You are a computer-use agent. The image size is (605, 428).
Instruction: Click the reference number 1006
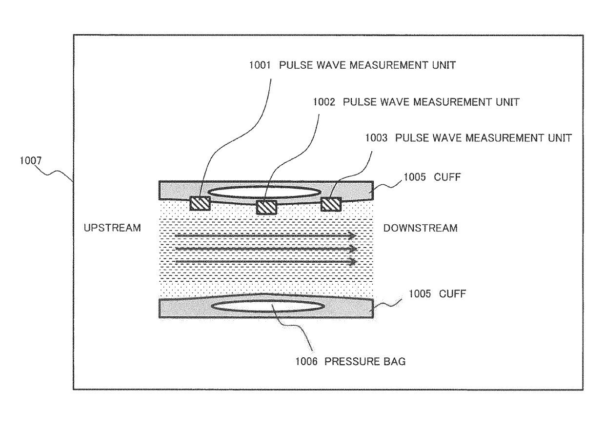point(304,362)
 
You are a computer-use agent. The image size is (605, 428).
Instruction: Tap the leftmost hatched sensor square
point(200,203)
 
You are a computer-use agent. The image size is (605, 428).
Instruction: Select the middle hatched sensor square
point(266,207)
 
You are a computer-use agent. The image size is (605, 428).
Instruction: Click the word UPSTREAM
point(112,228)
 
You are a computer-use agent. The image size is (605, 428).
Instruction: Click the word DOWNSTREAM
point(421,228)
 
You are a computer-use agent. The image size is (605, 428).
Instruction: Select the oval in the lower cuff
point(267,306)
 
